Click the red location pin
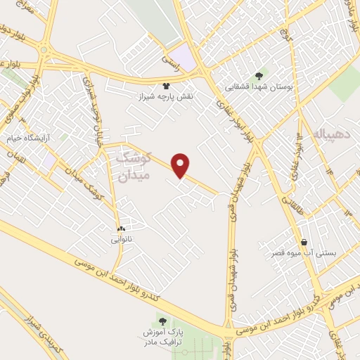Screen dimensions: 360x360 [x=182, y=165]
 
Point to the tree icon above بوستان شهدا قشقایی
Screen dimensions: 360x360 [x=260, y=75]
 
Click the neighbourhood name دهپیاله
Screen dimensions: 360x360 [x=328, y=134]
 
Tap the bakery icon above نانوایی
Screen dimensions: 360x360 [x=121, y=229]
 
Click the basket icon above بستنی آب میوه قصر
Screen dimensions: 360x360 [x=303, y=241]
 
